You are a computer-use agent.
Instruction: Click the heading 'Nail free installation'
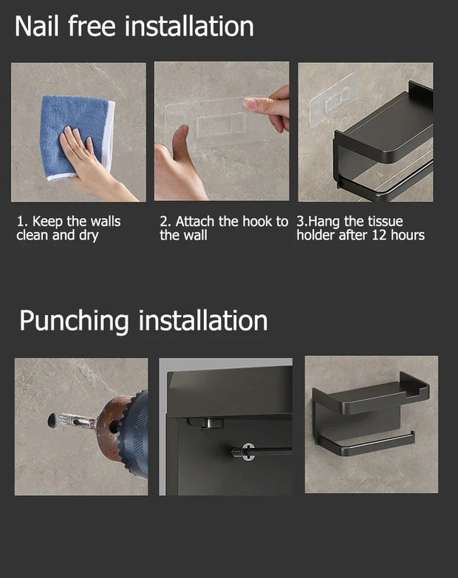point(134,26)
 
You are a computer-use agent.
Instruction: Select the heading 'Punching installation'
point(143,321)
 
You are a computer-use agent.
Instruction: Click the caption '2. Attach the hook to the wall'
point(223,228)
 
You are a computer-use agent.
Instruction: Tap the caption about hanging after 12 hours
point(360,228)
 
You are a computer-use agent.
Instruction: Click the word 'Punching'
point(74,321)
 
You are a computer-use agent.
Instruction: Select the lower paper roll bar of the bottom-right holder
point(366,441)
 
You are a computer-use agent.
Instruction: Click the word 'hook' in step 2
point(257,222)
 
